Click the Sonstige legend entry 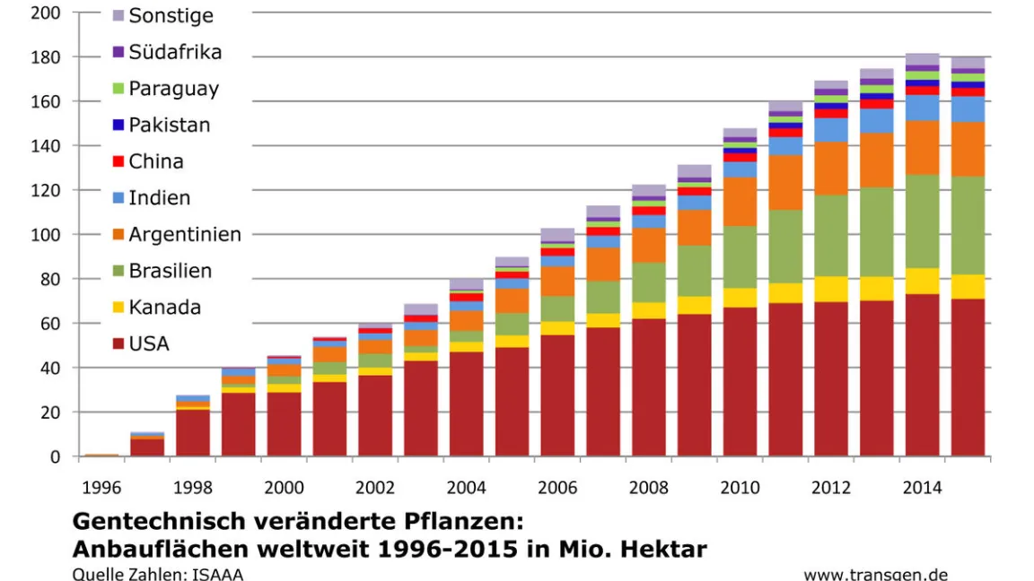coord(171,15)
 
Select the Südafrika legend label coord(175,52)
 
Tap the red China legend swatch coord(118,161)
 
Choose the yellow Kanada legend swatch coord(118,308)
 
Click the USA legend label coord(149,343)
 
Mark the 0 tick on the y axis coord(56,456)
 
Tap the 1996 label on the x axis coord(101,488)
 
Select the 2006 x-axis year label coord(557,488)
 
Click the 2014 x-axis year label coord(922,488)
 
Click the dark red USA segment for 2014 coord(922,377)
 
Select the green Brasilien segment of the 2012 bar coord(831,235)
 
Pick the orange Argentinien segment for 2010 coord(740,201)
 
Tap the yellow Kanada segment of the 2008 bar coord(649,310)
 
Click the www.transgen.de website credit coord(875,574)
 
